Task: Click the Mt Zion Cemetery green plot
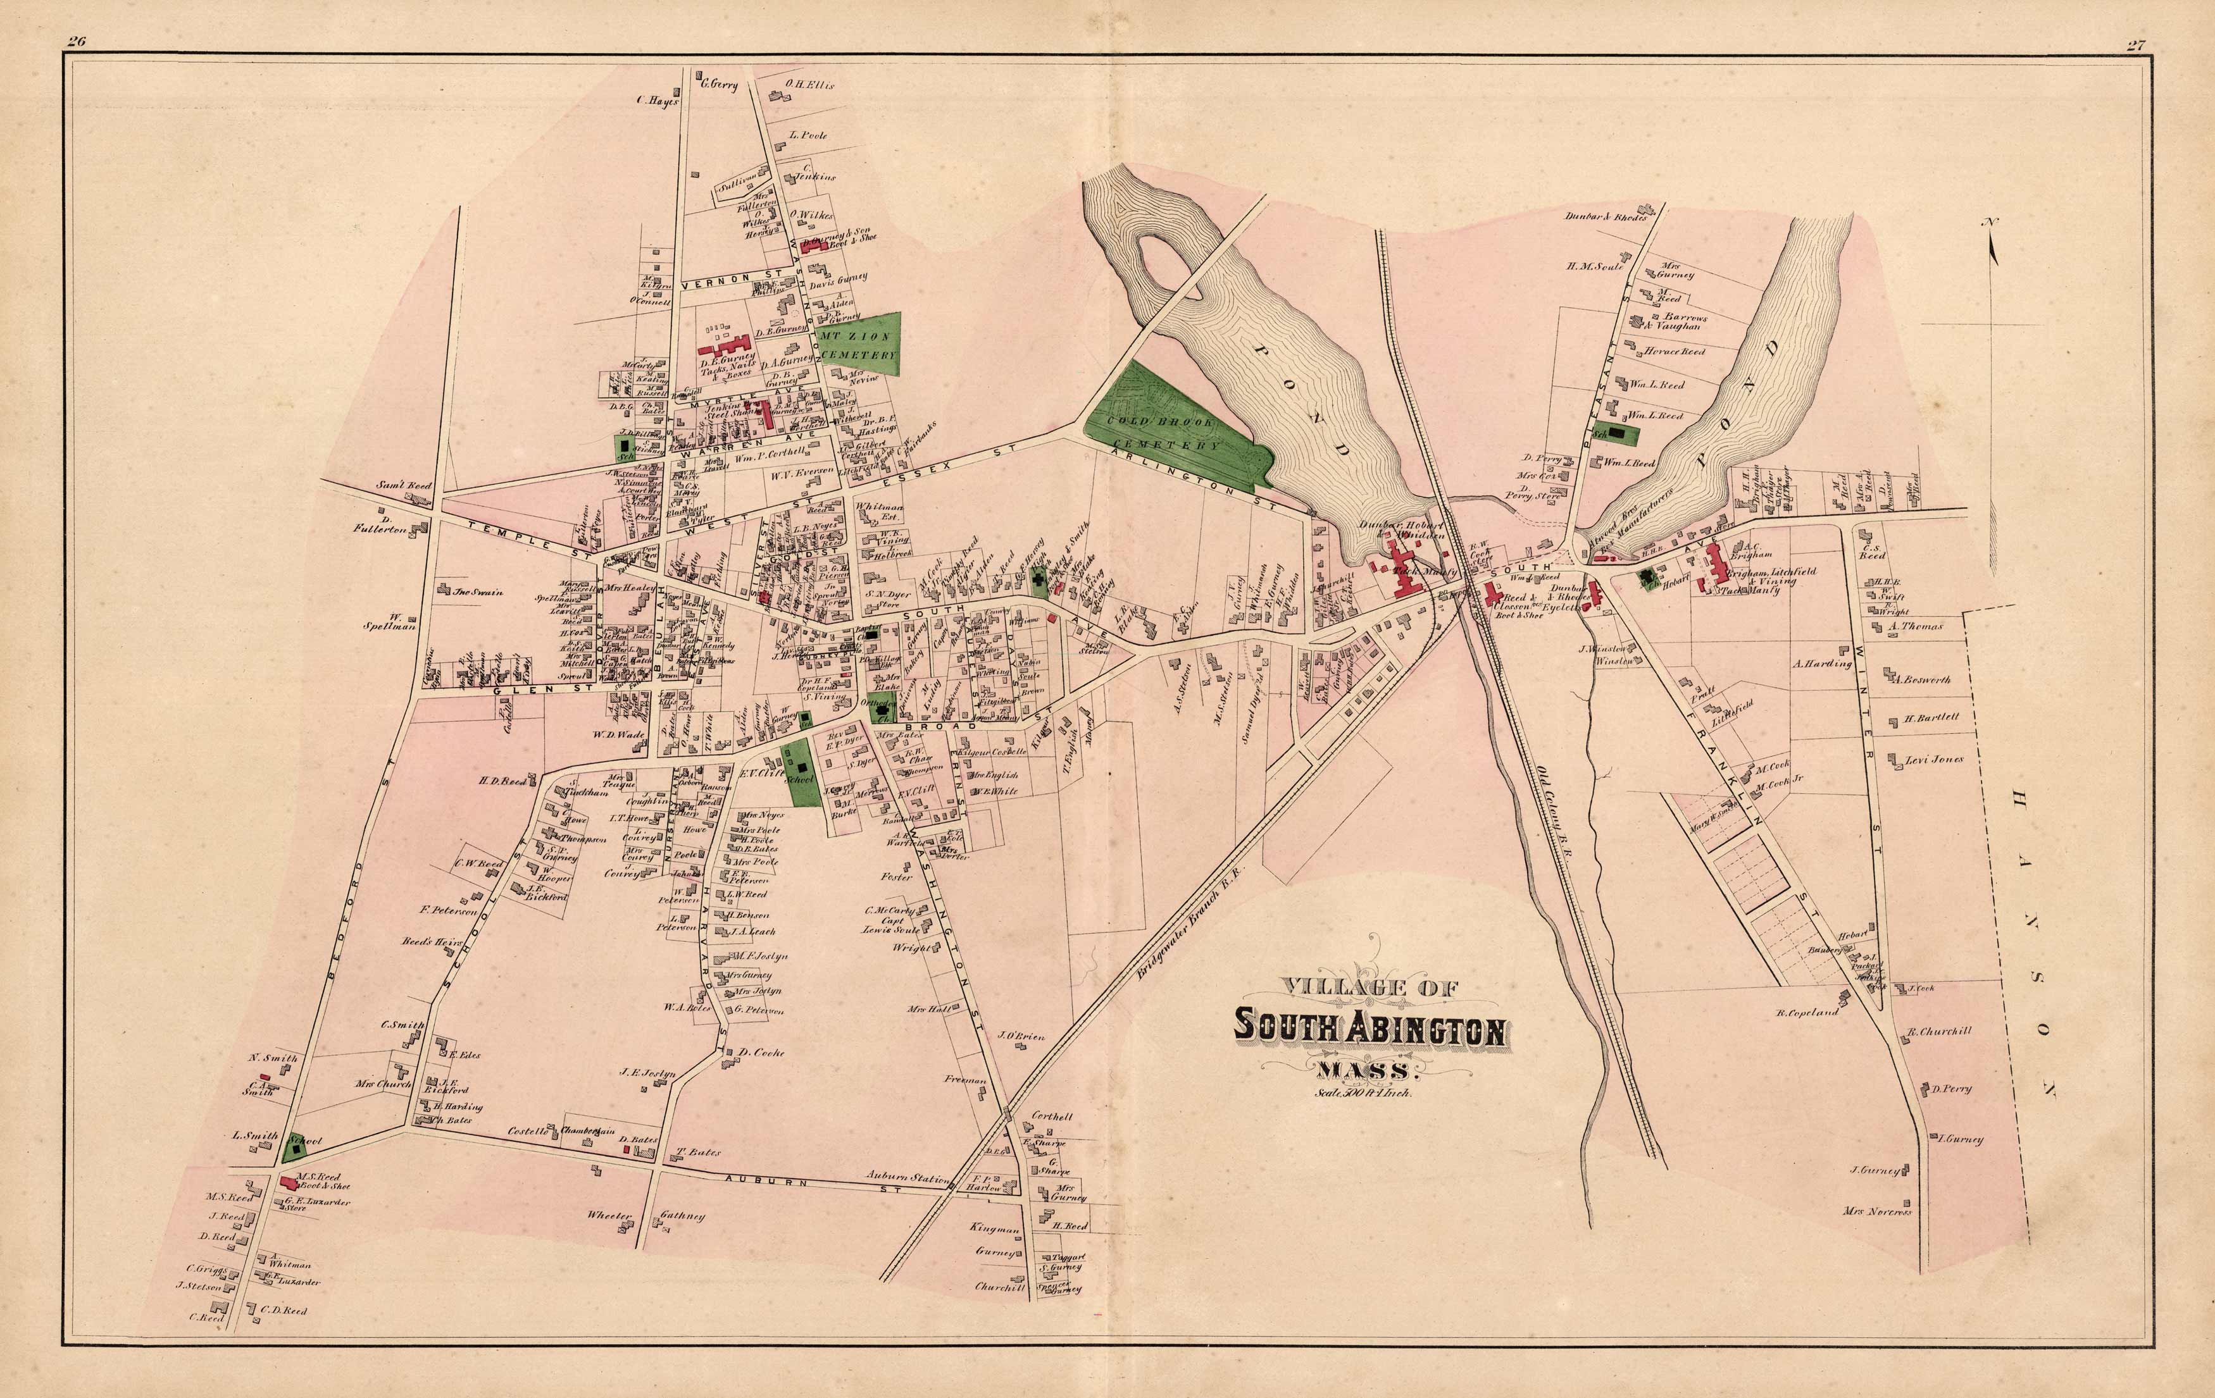point(858,340)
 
